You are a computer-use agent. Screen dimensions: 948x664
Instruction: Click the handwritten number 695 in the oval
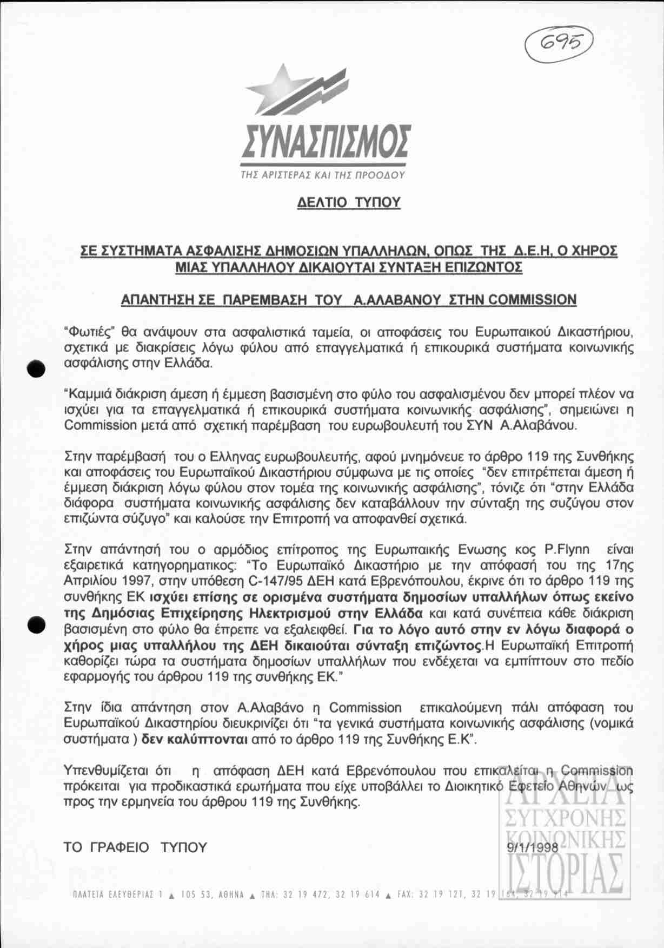559,42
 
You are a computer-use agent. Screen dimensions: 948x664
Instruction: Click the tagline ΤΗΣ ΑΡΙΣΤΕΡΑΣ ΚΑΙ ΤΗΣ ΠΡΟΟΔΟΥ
323,175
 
